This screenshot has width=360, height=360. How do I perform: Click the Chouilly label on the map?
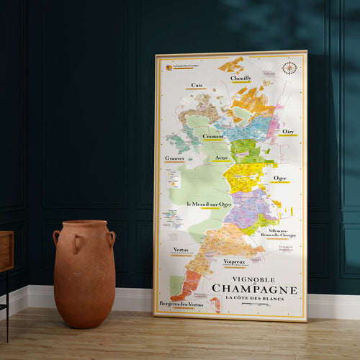coord(240,78)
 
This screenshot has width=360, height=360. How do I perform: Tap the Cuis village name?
coord(197,85)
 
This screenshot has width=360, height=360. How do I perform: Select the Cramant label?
coord(212,136)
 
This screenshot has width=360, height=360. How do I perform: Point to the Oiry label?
coord(288,132)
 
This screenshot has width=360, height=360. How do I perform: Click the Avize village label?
coord(222,157)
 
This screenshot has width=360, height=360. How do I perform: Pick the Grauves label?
coord(174,158)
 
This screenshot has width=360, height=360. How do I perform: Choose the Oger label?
coord(280,178)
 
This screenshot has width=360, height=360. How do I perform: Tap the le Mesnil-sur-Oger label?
coord(209,204)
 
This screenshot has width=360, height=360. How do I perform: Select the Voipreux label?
coord(235,261)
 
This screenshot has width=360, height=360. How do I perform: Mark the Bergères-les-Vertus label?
coord(180,305)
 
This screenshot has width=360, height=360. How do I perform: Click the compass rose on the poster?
coord(289,68)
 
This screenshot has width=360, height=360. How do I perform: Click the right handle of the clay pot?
coord(112,238)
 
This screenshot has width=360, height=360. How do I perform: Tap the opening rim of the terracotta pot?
coord(84,223)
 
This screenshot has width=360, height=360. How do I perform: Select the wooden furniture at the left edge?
coord(6,252)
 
